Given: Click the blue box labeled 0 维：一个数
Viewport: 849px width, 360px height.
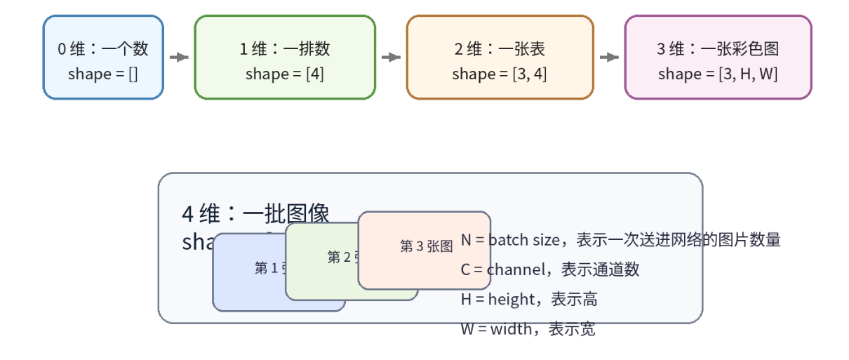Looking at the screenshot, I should (103, 58).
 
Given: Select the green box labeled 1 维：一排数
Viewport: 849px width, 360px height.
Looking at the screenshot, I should (285, 58).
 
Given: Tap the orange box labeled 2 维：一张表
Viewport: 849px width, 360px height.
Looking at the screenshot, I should (500, 58).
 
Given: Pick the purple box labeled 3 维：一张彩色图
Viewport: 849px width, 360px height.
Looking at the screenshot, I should (718, 58).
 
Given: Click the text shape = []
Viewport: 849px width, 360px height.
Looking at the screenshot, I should (103, 74).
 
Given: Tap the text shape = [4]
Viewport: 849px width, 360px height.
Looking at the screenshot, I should (285, 74).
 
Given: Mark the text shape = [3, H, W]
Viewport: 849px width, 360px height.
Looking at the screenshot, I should (718, 74).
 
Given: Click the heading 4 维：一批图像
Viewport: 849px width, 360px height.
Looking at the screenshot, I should (255, 213).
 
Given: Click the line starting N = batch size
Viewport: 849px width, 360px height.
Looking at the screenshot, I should (620, 240).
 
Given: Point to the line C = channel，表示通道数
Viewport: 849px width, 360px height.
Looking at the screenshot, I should (550, 269).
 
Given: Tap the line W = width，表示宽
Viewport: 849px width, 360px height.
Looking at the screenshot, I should (528, 328).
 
